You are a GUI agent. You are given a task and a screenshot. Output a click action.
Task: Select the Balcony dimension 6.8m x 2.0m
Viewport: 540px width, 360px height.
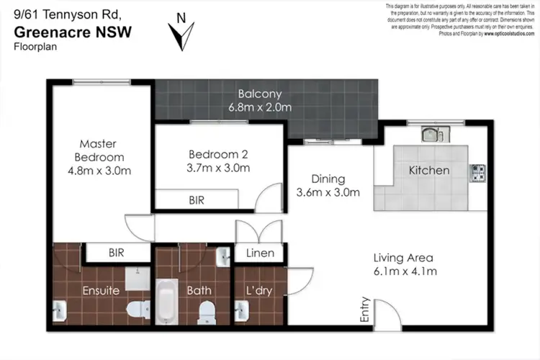point(260,107)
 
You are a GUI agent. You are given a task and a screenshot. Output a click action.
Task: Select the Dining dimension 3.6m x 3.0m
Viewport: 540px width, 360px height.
point(328,192)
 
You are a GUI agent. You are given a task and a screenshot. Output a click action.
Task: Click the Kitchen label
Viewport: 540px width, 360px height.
point(429,171)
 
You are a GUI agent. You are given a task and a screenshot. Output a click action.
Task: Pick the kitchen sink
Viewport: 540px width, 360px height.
point(435,134)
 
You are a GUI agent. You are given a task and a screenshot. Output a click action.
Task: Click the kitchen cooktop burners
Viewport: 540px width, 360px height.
point(477,172)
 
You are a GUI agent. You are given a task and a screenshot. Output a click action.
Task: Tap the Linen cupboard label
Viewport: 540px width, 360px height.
point(260,253)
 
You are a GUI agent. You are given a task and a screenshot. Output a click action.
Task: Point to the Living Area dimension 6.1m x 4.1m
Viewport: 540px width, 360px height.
point(405,271)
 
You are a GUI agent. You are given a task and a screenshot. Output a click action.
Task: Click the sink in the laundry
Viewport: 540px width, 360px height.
point(241,310)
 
